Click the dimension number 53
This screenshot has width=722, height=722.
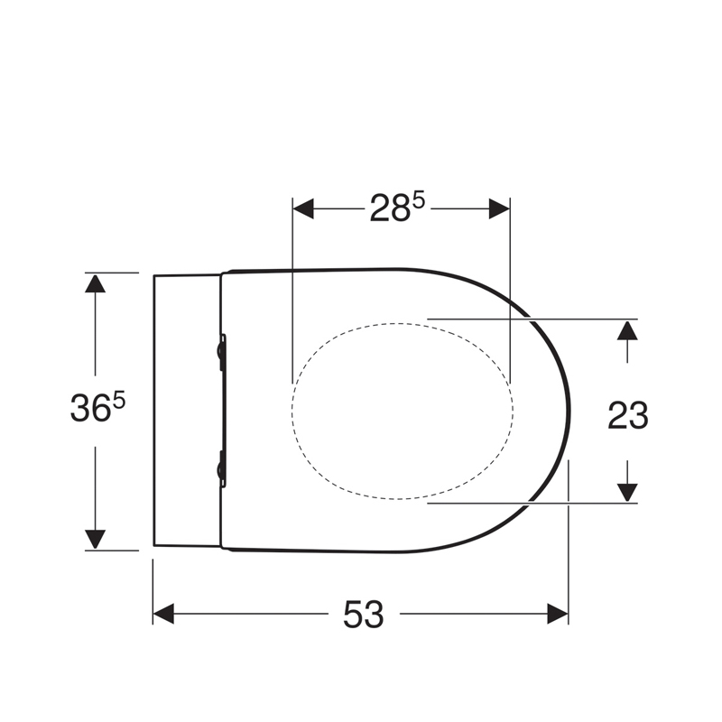[364, 615]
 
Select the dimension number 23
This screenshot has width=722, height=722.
[627, 415]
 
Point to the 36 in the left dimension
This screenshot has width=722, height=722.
[91, 408]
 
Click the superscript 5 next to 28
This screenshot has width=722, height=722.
[418, 201]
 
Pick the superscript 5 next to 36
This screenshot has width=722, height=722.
[119, 401]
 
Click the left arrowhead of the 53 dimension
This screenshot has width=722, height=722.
[163, 614]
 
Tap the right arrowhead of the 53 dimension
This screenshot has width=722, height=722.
[558, 614]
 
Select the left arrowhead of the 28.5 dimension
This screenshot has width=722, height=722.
[303, 208]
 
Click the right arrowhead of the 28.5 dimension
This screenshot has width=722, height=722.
[499, 208]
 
